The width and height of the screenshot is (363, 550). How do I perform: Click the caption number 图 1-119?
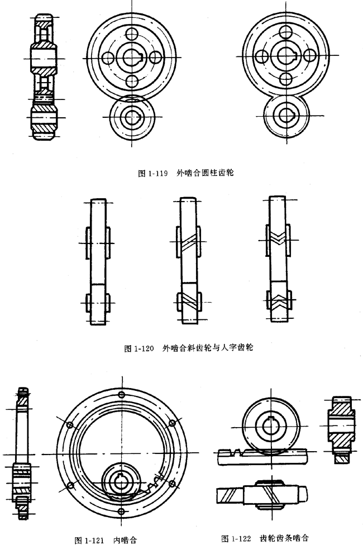(153, 173)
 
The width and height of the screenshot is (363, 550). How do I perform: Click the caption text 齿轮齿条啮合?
(284, 538)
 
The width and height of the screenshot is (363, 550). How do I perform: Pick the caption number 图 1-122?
(238, 538)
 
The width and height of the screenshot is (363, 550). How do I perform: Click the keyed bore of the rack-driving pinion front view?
(271, 425)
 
